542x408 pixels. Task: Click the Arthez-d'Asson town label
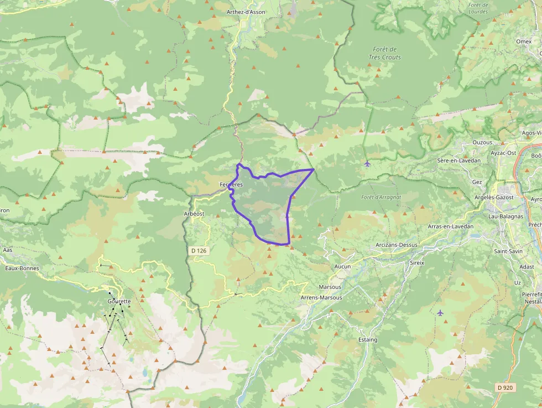247,12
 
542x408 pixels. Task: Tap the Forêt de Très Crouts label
385,53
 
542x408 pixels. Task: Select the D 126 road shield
199,251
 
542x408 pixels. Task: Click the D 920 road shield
505,388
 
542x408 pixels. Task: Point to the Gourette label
119,301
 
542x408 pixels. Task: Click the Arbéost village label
194,213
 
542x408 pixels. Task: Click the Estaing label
367,339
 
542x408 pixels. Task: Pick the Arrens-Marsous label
321,297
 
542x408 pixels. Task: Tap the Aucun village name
343,266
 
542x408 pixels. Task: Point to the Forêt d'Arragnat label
381,197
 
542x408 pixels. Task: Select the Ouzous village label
482,142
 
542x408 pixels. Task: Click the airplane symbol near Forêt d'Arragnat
368,163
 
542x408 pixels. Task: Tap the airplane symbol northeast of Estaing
440,313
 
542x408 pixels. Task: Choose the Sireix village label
417,262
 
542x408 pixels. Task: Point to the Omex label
523,42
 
